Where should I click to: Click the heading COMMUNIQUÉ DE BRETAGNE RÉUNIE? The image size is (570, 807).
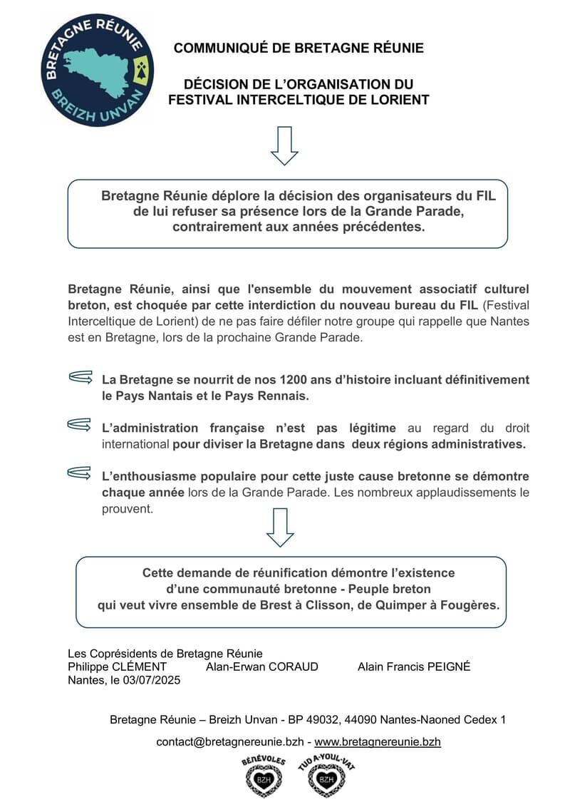tap(299, 48)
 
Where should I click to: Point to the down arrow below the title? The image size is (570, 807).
tap(284, 146)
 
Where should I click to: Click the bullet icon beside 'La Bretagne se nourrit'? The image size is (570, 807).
tap(81, 378)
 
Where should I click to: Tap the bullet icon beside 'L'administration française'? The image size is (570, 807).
tap(81, 426)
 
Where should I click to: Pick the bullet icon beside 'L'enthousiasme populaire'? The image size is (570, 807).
tap(81, 473)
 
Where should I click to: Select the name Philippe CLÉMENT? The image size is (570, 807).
tap(117, 667)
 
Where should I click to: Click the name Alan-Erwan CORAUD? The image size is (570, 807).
tap(261, 667)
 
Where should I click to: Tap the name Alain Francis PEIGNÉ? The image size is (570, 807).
tap(413, 667)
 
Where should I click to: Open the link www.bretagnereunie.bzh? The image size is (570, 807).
tap(378, 742)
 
